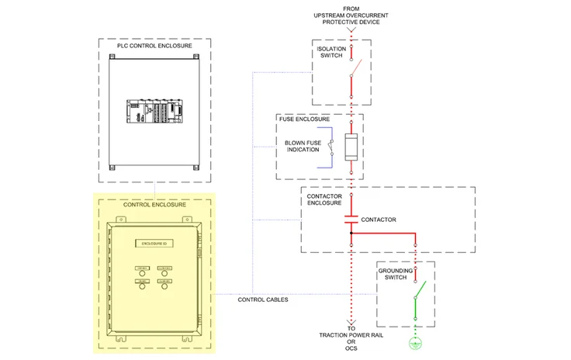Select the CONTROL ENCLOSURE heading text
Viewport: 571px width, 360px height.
[154, 205]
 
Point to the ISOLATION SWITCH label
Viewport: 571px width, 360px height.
[331, 53]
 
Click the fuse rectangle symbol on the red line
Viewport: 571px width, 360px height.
[351, 147]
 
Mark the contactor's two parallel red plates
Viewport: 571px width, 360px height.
[351, 220]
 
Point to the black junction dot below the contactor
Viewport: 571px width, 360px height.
[351, 232]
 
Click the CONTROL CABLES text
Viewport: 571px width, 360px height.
[263, 300]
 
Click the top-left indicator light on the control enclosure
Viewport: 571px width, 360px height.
[141, 269]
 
